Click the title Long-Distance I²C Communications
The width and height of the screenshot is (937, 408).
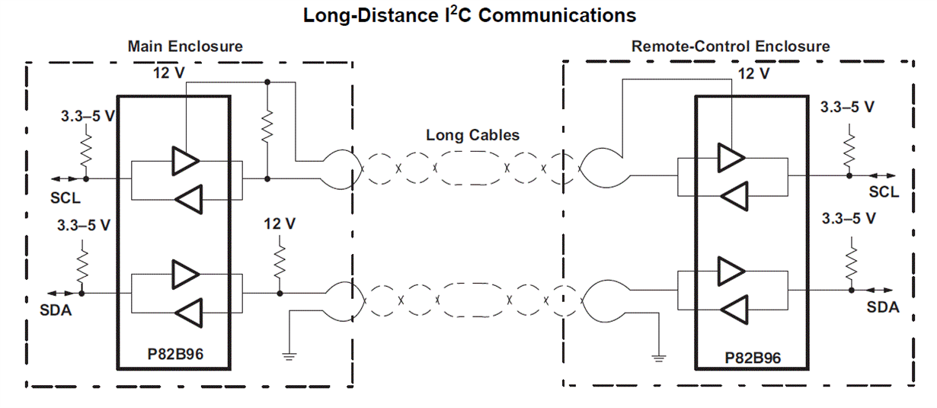pos(469,15)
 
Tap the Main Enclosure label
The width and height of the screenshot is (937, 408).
pos(185,46)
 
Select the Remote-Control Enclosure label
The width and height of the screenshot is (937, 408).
pos(731,46)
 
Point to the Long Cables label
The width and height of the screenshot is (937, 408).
pos(472,135)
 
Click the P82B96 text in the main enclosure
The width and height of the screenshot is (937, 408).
pos(175,355)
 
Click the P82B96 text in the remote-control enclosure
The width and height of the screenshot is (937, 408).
pos(753,358)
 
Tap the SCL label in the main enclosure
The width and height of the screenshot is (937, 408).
pos(66,198)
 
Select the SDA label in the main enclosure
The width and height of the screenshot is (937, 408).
pos(56,310)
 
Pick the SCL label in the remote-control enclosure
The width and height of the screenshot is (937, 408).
pos(884,192)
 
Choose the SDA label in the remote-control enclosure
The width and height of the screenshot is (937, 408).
pos(883,307)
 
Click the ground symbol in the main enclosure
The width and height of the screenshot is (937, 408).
pos(289,356)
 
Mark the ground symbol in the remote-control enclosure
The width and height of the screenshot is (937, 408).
pos(658,358)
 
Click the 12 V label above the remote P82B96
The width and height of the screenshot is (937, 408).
pos(753,74)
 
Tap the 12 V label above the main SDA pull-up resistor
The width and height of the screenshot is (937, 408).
pos(280,223)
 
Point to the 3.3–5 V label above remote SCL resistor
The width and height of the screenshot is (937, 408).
pos(847,107)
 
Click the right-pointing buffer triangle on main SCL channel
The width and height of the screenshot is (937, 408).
pos(185,161)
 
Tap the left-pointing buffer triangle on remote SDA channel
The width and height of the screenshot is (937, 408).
pos(734,310)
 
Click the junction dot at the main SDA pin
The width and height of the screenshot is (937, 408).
pos(82,294)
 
